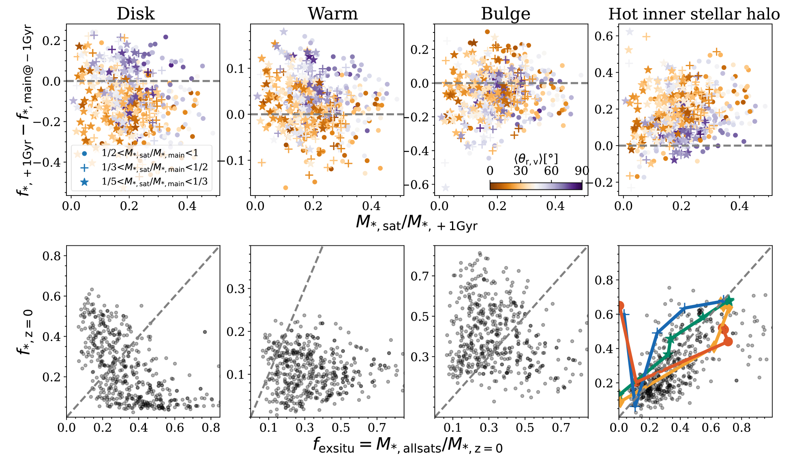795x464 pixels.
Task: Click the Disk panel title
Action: pos(135,14)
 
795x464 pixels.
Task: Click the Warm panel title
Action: pos(332,14)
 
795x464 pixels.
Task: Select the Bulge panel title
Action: pos(505,14)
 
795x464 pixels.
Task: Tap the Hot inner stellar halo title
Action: pos(694,14)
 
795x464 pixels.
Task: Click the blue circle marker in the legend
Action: pos(84,154)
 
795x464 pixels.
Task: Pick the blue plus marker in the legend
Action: pos(84,168)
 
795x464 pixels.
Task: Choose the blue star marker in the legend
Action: pos(84,182)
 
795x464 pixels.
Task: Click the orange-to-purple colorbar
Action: pos(536,186)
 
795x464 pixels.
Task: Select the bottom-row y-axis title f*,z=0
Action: pos(25,332)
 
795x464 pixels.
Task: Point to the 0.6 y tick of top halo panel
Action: pos(603,36)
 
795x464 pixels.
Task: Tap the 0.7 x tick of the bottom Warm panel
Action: pos(377,427)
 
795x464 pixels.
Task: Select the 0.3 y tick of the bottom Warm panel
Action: pos(236,289)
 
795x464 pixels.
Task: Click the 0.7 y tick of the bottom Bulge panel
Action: pos(420,276)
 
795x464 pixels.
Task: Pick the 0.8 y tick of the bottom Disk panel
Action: pos(51,256)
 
